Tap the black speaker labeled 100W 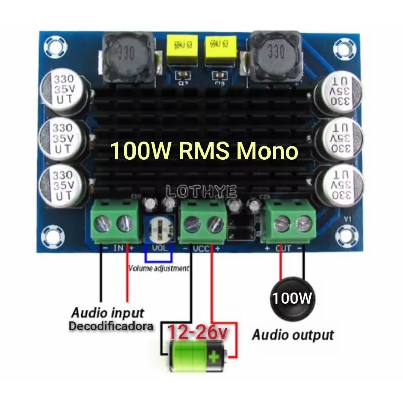[292, 298]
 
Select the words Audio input [107, 312]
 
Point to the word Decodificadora [111, 326]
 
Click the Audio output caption [293, 334]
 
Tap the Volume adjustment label [159, 268]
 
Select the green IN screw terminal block [114, 222]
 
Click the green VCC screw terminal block [203, 222]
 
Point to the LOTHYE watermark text [200, 191]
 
